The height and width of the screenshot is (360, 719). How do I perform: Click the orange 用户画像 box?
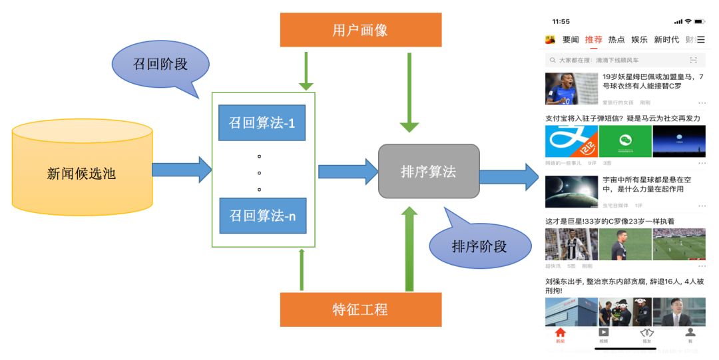[360, 30]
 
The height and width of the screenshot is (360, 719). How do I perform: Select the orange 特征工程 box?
[360, 309]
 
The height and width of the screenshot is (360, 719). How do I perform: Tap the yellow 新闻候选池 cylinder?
[83, 172]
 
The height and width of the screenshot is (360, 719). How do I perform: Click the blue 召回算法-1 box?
[262, 122]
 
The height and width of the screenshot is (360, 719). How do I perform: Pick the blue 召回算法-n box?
[262, 216]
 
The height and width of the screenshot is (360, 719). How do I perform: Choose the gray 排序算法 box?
[429, 172]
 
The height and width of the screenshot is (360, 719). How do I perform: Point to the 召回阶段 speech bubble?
[160, 65]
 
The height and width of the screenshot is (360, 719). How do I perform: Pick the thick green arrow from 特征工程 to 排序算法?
[410, 249]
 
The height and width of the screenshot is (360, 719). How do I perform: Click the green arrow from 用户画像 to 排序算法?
[409, 92]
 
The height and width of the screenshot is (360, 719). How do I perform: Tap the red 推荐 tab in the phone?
[593, 40]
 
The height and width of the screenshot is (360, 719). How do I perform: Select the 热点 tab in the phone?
[616, 40]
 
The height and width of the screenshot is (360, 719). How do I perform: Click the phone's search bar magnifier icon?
[552, 60]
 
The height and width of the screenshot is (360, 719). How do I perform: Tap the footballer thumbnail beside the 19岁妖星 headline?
[571, 89]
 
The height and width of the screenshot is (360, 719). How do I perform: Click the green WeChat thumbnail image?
[625, 141]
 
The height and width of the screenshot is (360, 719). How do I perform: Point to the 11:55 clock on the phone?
[561, 21]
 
